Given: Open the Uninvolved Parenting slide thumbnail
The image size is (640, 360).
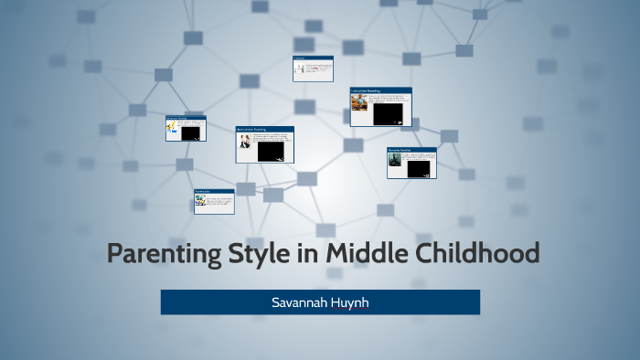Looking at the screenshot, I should (380, 107).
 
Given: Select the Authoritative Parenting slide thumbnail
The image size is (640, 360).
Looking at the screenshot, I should (264, 144).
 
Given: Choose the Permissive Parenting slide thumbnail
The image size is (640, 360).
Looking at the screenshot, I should (411, 162).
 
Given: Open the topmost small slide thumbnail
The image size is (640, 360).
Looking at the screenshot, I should (313, 69).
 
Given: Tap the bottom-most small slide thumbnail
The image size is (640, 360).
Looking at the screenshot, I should (214, 201).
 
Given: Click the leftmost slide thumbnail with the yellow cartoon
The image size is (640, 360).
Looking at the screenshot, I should (186, 128).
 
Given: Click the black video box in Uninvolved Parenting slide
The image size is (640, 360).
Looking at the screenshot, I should (389, 111).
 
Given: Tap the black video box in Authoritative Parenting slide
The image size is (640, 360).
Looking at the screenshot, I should (271, 150).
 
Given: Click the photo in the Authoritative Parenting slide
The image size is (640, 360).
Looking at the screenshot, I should (245, 144).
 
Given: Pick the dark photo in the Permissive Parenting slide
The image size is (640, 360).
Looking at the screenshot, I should (394, 160).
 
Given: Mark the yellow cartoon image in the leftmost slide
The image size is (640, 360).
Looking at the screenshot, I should (171, 131).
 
